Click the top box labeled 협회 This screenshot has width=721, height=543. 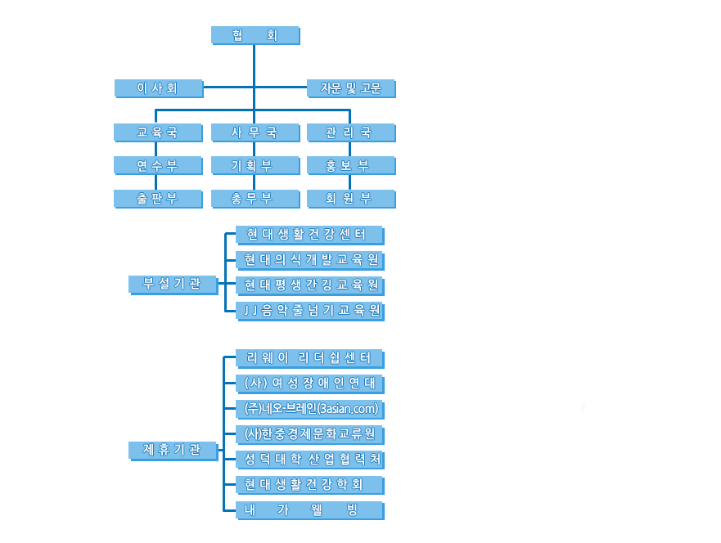(255, 35)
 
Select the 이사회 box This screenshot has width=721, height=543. (158, 88)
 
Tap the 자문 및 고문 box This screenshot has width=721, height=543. (351, 88)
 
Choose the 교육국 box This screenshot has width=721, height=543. (158, 132)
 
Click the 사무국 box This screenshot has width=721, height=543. (255, 132)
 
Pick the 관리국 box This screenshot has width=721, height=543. (351, 132)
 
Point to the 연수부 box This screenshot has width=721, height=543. (158, 165)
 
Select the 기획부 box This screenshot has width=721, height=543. (255, 165)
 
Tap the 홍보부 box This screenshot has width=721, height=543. (351, 165)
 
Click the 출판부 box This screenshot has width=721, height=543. (158, 198)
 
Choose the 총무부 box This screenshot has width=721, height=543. (255, 198)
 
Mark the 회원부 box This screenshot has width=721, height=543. (351, 198)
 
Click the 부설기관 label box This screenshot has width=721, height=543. (173, 284)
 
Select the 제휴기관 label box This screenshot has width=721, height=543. (173, 449)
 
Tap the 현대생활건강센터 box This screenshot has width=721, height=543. (309, 235)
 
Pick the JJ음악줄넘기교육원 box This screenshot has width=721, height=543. (309, 310)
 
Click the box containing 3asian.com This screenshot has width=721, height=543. (309, 408)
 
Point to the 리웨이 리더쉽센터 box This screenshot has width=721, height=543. (309, 358)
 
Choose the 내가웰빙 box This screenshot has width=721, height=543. (309, 509)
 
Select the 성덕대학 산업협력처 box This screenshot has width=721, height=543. (309, 459)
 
